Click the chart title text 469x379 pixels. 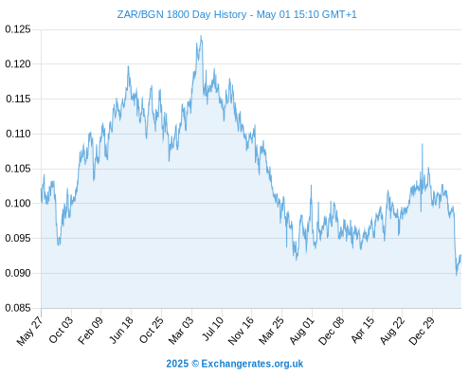click(237, 14)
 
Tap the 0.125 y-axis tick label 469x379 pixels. click(18, 29)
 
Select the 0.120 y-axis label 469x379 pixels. click(18, 64)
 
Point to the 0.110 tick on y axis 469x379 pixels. click(18, 134)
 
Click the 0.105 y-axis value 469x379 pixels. click(18, 169)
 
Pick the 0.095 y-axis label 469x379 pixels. click(18, 238)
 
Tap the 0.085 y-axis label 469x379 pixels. click(18, 308)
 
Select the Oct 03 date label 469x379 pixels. click(61, 330)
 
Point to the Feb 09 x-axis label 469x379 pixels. click(90, 330)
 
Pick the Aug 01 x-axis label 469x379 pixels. click(302, 330)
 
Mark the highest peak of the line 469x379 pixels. click(201, 36)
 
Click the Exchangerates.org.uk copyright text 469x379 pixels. click(252, 364)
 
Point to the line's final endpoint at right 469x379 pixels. click(460, 255)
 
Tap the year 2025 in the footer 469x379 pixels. click(177, 364)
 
